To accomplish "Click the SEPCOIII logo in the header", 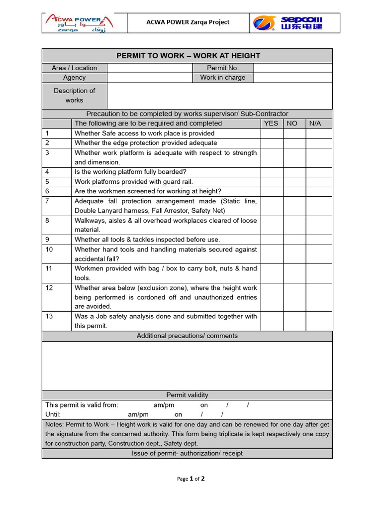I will (287, 23).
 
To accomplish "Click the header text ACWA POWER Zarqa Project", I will (188, 22).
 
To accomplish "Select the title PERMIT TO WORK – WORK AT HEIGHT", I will (188, 56).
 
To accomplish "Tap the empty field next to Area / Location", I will (149, 68).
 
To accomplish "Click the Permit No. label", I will (222, 68).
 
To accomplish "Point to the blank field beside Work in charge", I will (292, 78).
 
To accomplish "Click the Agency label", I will (74, 78).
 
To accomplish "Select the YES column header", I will (271, 124).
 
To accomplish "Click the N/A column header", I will (315, 124).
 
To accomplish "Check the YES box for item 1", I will (272, 133).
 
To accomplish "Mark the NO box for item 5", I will (294, 182).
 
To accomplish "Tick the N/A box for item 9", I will (319, 240).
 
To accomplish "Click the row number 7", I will (47, 201).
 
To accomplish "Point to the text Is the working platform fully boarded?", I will (130, 172).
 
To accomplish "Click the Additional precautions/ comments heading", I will (187, 336).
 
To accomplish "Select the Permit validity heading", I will (187, 395).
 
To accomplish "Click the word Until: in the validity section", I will (53, 415).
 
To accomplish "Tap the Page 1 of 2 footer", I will (191, 479).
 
